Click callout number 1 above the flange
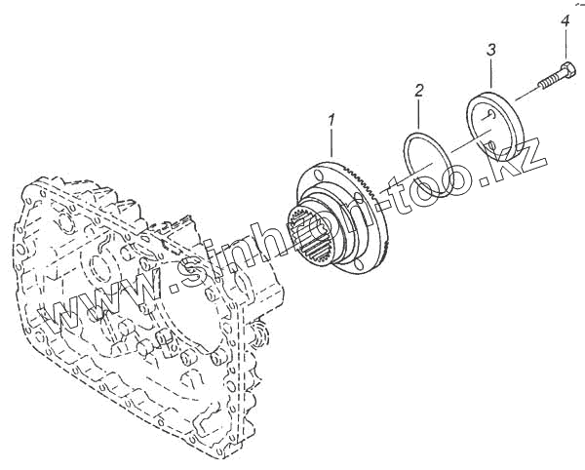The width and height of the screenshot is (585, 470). coord(332,121)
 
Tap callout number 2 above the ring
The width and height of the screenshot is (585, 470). coord(419,91)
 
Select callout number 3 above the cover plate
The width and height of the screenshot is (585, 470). coord(491,48)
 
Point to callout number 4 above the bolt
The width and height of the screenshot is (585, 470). coord(566,20)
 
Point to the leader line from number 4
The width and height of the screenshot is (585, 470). coord(566,43)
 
